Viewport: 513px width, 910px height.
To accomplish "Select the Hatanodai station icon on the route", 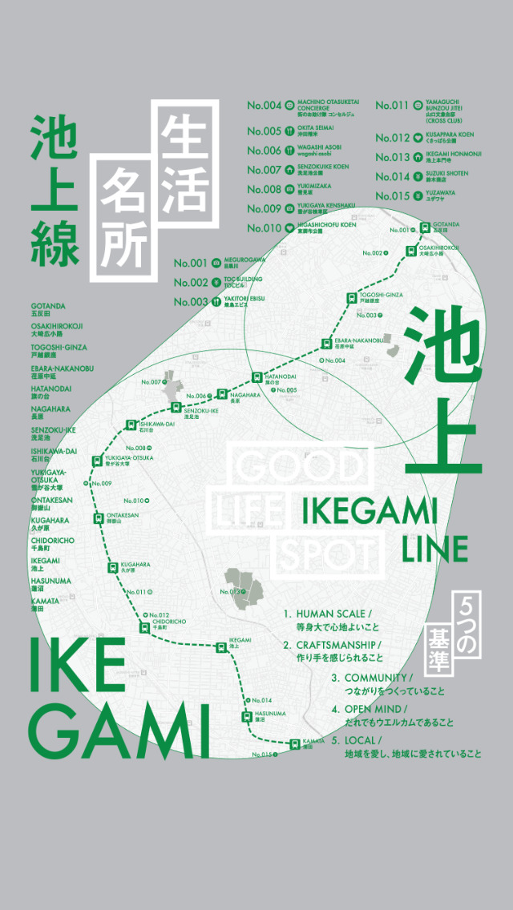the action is click(256, 376).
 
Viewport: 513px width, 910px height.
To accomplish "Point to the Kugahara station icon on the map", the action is click(113, 567).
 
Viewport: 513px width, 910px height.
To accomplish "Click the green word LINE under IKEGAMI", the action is click(435, 550).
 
